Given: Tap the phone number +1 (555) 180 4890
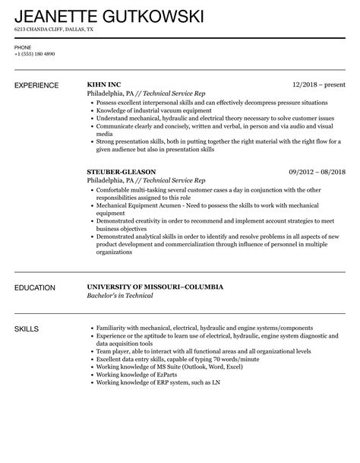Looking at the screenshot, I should (35, 54).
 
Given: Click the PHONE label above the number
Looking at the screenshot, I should (23, 47).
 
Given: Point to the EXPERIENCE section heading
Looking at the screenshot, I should (39, 85).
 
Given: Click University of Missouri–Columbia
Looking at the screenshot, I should (156, 287).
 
